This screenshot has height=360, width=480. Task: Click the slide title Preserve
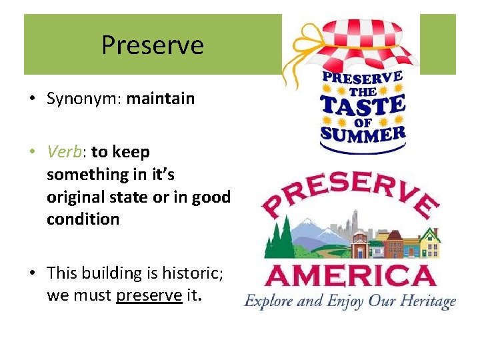152,45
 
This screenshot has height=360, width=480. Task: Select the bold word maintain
161,99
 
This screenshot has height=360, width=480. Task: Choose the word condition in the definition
83,219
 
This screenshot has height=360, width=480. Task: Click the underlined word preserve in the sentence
149,295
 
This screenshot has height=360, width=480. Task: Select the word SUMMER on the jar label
363,134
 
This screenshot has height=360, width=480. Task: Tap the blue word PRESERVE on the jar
363,79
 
